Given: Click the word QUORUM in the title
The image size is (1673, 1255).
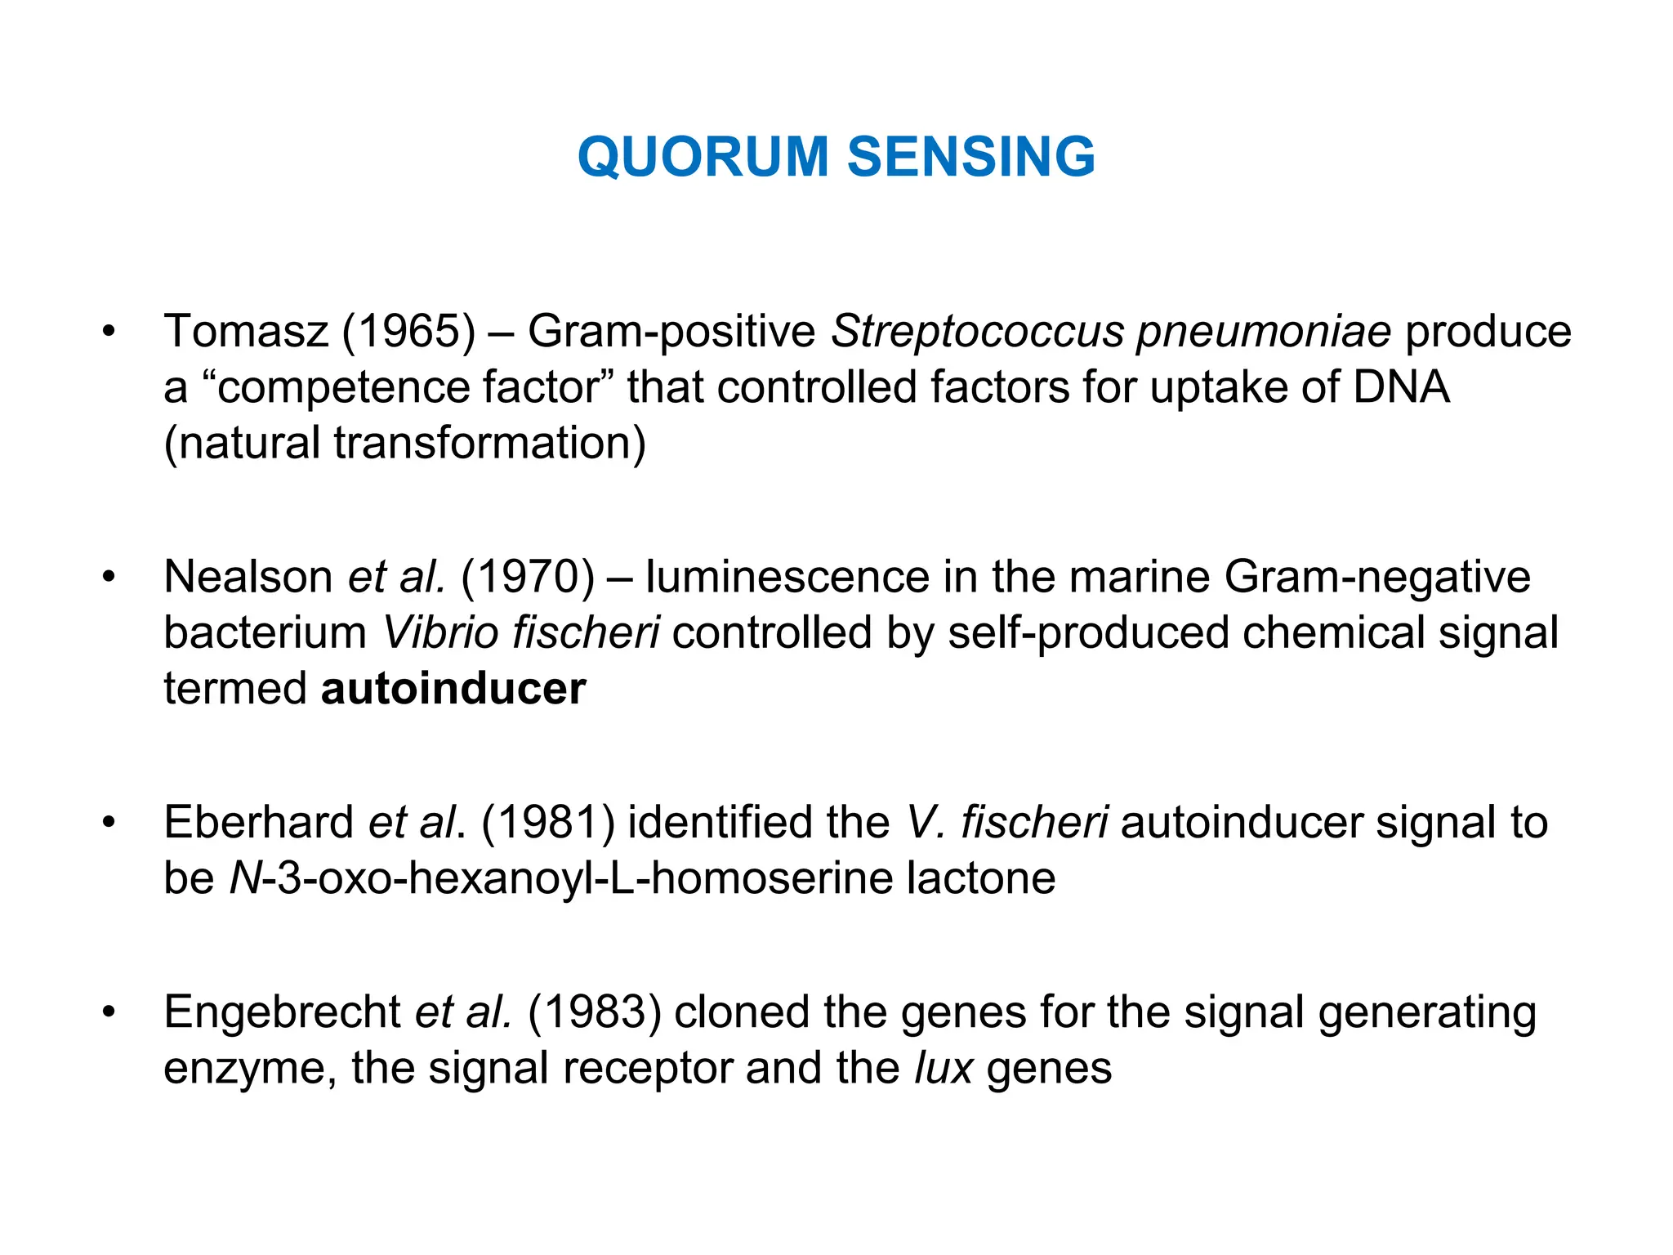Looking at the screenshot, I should pyautogui.click(x=703, y=156).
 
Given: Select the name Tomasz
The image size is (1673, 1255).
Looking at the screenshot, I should pyautogui.click(x=246, y=332).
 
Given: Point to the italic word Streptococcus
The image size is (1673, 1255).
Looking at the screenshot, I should pyautogui.click(x=977, y=332).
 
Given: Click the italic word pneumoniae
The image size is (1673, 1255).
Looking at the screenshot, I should pyautogui.click(x=1264, y=332).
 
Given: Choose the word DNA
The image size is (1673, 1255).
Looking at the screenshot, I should pyautogui.click(x=1401, y=387).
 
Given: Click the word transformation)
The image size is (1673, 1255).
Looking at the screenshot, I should pyautogui.click(x=489, y=443).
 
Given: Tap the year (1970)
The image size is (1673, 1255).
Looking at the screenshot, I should pyautogui.click(x=528, y=577).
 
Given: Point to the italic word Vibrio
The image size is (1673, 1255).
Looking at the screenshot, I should pyautogui.click(x=439, y=632).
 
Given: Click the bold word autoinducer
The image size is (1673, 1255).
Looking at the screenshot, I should pyautogui.click(x=453, y=688).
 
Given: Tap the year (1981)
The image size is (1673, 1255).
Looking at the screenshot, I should pyautogui.click(x=548, y=822).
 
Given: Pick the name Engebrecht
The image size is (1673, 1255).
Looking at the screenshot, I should pyautogui.click(x=283, y=1012).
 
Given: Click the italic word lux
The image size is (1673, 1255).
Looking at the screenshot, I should pyautogui.click(x=944, y=1068).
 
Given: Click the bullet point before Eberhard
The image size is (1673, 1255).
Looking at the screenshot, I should pyautogui.click(x=109, y=822).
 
